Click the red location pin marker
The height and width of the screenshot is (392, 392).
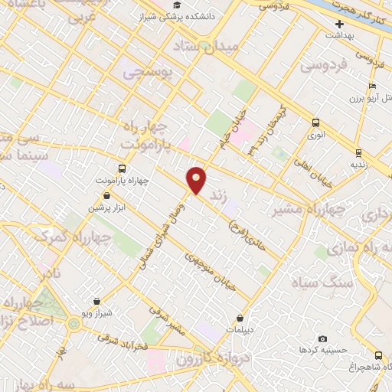197,179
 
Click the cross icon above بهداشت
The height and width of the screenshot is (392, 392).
339,24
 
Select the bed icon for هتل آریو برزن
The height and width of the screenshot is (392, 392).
373,87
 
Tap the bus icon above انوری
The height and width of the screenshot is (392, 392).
315,122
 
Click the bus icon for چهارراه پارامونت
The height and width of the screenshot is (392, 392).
122,168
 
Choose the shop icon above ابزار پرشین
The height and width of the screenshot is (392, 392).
106,196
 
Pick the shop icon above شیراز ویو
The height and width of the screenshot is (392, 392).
96,302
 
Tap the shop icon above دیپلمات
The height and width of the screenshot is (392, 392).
240,318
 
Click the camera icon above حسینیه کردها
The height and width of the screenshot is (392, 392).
322,338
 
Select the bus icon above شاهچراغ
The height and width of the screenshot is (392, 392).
378,355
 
